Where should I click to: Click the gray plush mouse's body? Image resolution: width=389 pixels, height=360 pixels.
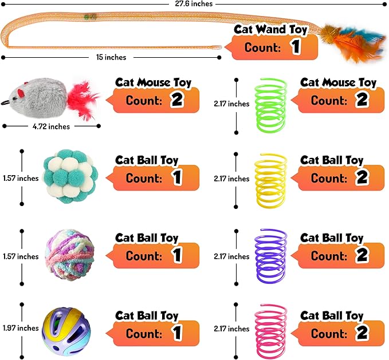41,94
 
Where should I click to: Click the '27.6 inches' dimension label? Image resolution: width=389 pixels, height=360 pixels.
194,4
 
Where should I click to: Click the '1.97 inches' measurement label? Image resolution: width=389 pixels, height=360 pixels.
19,328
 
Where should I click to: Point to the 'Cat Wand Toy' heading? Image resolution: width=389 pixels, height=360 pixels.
270,30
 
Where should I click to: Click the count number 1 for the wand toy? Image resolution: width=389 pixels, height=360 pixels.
295,47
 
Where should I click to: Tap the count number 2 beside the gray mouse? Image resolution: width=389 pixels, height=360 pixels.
176,101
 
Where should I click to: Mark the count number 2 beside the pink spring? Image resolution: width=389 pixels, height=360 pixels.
361,334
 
